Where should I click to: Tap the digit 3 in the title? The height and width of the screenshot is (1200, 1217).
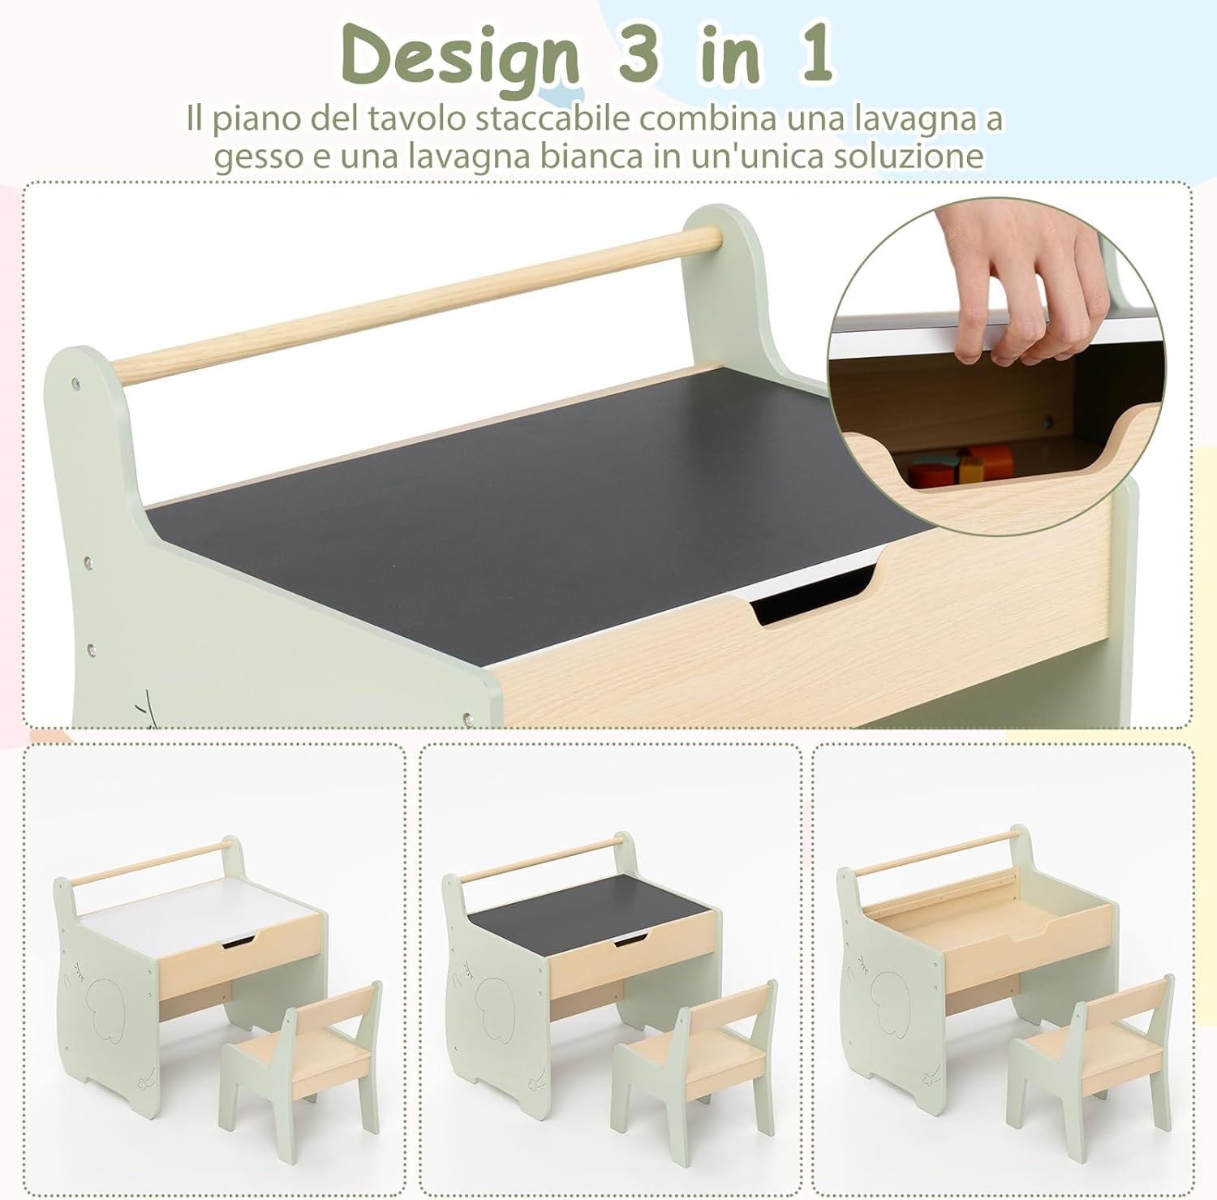pos(639,54)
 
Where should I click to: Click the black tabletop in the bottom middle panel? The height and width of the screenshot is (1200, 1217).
pos(584,905)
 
